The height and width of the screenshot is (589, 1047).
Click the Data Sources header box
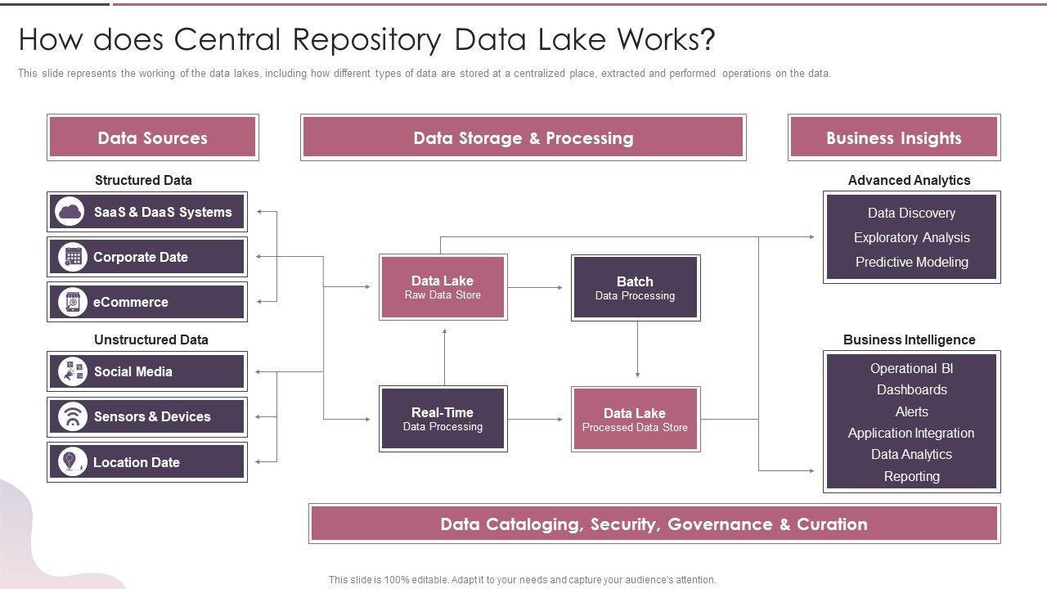152,137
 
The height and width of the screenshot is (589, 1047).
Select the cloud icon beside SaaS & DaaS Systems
70,212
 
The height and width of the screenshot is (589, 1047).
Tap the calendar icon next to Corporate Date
73,257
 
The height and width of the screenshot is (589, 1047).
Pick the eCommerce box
147,302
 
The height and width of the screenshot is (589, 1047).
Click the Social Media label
133,371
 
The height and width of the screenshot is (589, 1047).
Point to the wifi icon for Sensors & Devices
73,416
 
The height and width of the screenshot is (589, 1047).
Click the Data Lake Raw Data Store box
443,286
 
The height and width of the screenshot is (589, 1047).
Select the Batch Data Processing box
635,287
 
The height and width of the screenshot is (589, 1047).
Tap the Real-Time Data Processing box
443,419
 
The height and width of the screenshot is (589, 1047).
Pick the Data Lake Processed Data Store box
635,419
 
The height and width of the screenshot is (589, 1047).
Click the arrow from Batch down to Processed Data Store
638,352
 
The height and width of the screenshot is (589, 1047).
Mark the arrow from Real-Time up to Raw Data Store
444,356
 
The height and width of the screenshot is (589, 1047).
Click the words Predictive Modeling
911,262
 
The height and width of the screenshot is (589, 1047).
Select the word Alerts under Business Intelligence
911,411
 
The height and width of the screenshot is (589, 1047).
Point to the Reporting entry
911,476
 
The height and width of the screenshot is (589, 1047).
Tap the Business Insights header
893,137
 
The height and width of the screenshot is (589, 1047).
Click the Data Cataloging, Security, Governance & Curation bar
654,524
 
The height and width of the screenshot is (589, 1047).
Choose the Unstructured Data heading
151,339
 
